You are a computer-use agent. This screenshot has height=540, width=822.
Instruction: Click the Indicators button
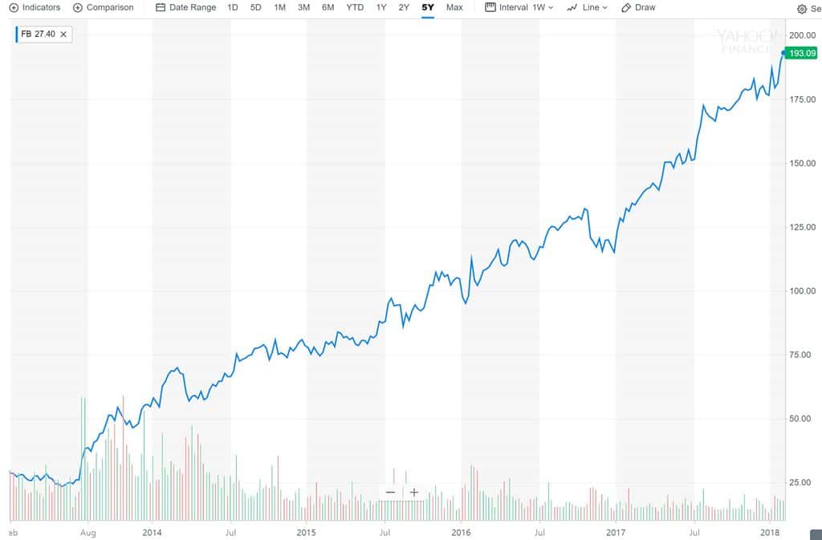[35, 7]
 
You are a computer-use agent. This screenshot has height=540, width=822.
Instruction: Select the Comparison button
[104, 7]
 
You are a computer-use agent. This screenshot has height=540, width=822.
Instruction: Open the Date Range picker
[185, 7]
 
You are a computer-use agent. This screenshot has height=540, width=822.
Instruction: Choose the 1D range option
[233, 7]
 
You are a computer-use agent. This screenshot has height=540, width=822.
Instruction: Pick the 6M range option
[328, 7]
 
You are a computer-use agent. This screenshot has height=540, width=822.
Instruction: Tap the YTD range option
[354, 7]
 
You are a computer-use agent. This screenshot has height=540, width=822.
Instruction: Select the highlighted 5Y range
[427, 7]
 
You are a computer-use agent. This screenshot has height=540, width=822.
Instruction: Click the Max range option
[454, 7]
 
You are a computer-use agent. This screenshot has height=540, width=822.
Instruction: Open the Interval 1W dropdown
[519, 7]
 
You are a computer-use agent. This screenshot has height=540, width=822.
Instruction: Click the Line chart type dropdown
[587, 7]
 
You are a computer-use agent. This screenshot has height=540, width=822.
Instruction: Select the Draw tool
[638, 7]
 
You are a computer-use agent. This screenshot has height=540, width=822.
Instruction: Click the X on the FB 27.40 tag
[63, 34]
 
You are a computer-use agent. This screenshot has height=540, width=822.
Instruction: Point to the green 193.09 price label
[801, 53]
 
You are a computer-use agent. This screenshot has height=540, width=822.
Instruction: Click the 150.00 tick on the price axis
[803, 164]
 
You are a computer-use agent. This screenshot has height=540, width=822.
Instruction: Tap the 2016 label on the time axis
[461, 532]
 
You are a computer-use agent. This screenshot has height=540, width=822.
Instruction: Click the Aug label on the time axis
[89, 532]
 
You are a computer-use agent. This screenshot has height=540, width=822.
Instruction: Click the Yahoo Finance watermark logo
[747, 40]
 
